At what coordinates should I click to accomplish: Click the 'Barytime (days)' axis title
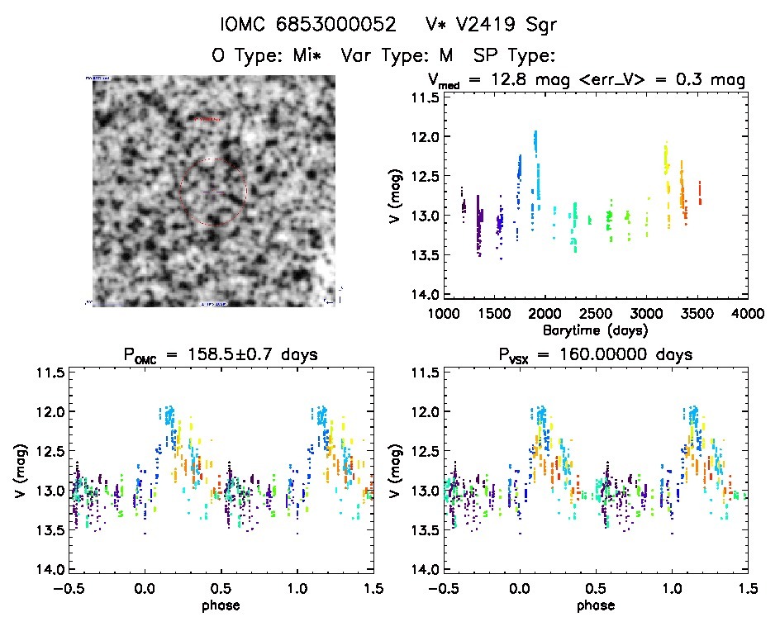(595, 330)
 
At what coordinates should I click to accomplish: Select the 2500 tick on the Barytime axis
(595, 314)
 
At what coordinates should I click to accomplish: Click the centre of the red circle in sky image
(213, 192)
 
